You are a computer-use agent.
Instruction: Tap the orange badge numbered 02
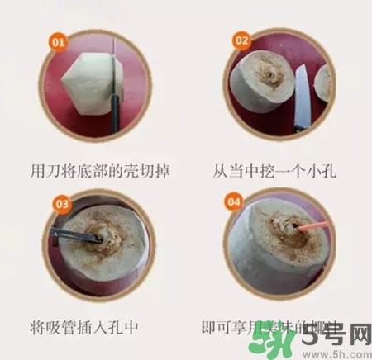click(x=241, y=39)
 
